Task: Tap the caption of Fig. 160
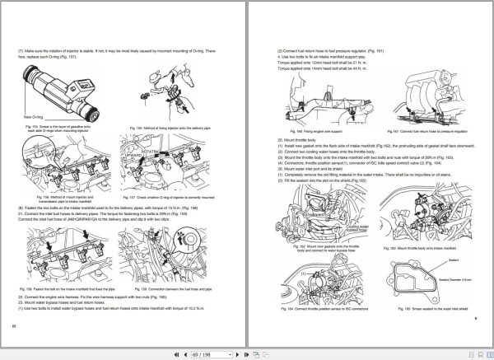click(308, 131)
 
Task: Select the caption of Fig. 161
click(417, 131)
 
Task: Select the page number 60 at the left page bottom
click(15, 327)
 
